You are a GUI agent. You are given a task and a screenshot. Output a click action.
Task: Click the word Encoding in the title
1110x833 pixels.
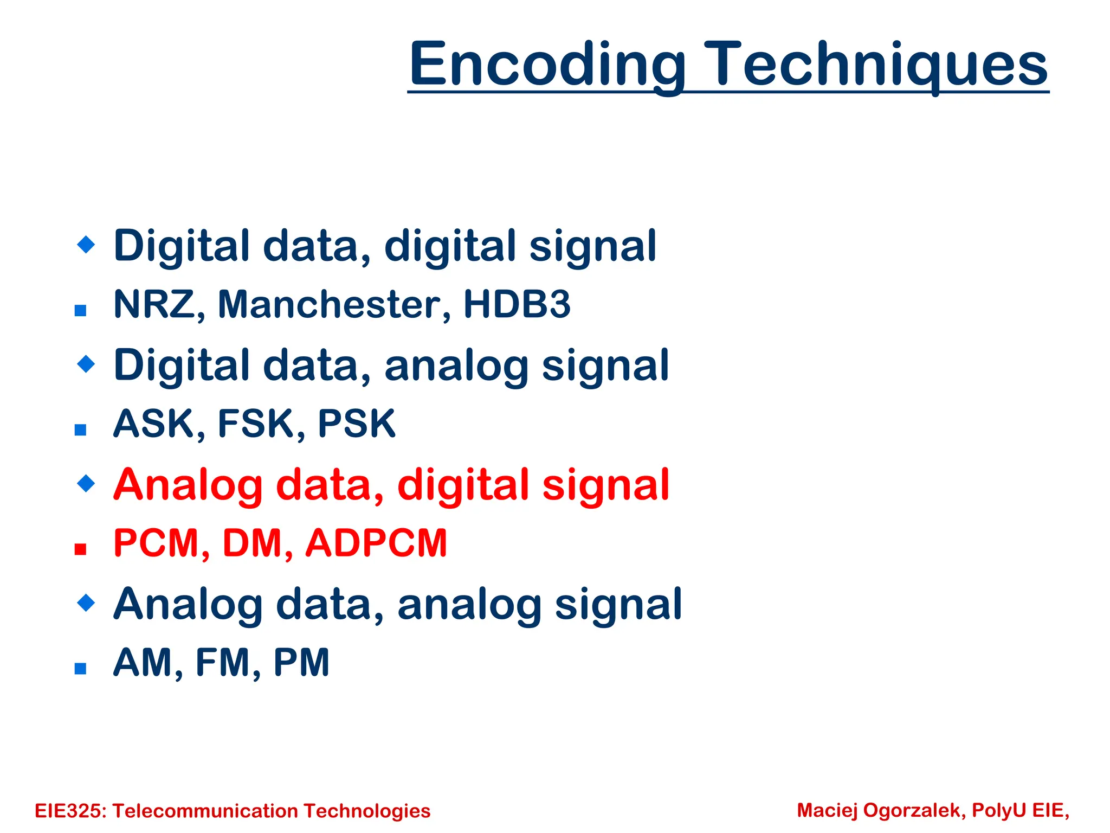(x=547, y=65)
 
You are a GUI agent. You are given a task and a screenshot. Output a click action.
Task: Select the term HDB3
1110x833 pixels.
(x=517, y=304)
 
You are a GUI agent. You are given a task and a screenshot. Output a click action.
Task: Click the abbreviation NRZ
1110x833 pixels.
(x=153, y=304)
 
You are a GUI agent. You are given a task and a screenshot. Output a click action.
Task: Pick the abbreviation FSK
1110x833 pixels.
(x=255, y=424)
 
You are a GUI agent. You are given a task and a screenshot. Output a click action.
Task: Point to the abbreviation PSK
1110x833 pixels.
(x=356, y=424)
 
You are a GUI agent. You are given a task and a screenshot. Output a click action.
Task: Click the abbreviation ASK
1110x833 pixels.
(x=153, y=424)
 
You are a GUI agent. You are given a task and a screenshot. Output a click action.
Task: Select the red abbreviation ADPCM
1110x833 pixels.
(x=376, y=543)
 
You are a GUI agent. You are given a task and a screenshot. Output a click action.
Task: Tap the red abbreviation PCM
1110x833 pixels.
(x=156, y=543)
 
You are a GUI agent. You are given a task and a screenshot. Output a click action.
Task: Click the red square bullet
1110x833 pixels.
(x=81, y=549)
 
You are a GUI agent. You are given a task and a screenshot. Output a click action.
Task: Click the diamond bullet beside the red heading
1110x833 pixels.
(x=86, y=483)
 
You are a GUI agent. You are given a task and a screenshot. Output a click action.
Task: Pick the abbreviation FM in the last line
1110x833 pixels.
(x=222, y=662)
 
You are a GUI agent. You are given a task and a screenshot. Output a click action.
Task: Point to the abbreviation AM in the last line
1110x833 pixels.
(x=142, y=662)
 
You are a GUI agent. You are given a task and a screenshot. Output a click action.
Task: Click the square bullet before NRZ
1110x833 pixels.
(x=81, y=311)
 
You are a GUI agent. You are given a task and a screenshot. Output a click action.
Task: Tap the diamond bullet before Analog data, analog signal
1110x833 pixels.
(x=86, y=602)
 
